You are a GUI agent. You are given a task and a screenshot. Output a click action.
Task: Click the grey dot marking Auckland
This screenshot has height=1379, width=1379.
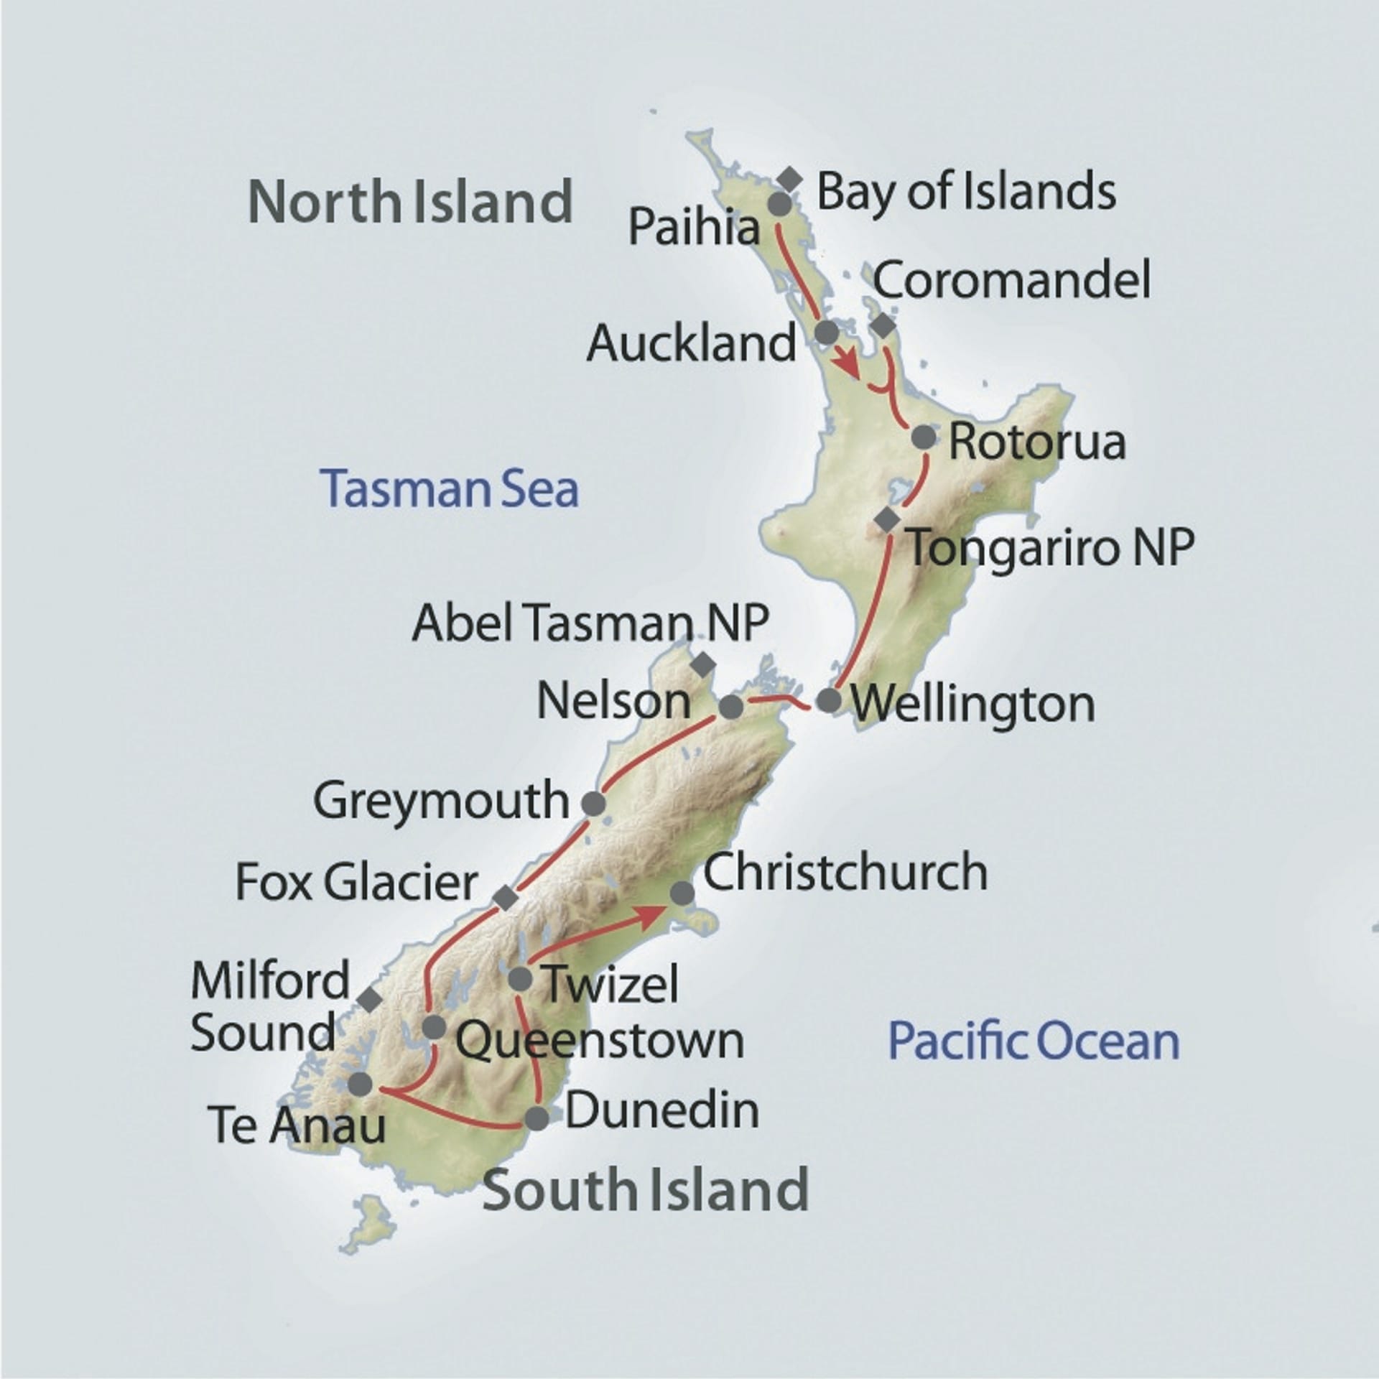(827, 332)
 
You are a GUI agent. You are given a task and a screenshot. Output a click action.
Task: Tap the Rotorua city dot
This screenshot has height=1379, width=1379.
(924, 437)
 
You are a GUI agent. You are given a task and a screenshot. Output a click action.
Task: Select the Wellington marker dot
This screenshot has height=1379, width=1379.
(829, 700)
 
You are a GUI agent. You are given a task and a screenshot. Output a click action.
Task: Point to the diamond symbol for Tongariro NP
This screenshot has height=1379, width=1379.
(888, 519)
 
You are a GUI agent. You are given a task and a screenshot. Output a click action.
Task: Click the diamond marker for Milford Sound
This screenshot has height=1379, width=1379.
(370, 998)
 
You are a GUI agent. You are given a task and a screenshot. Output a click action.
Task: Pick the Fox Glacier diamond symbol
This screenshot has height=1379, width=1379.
(506, 897)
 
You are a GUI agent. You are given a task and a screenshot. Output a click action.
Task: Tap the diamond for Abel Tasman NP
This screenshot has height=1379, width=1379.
(703, 664)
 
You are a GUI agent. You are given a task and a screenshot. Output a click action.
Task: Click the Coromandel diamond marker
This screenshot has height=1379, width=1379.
(883, 326)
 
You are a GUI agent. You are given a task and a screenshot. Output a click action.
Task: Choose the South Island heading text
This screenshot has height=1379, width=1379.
(646, 1190)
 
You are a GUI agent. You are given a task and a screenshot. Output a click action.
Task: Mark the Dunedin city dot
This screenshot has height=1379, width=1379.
(537, 1118)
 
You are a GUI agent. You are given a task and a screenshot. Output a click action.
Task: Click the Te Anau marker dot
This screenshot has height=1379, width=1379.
(360, 1083)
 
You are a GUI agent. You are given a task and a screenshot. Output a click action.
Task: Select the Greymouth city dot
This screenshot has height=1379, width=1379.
(593, 804)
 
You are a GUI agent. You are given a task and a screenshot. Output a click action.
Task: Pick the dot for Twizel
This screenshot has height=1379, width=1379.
(519, 978)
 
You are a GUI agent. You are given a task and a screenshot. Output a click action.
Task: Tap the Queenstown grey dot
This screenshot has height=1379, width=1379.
(434, 1027)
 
